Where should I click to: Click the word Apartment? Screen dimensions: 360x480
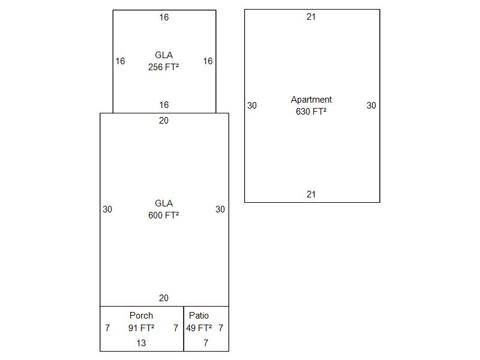tap(311, 100)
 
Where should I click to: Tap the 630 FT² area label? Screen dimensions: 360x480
tap(311, 112)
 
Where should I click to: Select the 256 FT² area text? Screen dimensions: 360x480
tap(163, 67)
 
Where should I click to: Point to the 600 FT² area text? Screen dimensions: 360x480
tap(163, 215)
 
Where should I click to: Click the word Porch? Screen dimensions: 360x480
tap(141, 316)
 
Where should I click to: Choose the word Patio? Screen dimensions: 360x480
tap(199, 316)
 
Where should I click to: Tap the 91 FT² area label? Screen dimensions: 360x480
tap(141, 328)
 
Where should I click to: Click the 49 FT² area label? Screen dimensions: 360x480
tap(199, 328)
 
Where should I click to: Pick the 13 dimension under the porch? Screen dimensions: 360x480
tap(141, 343)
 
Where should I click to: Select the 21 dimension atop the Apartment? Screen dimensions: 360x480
tap(311, 17)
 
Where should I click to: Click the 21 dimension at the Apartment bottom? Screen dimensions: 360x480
tap(311, 194)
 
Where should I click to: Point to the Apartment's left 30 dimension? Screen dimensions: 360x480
tap(252, 106)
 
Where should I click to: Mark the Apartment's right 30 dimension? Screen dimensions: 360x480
tap(371, 106)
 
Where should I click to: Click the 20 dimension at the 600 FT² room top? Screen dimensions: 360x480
tap(164, 121)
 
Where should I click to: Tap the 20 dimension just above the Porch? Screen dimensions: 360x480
tap(164, 298)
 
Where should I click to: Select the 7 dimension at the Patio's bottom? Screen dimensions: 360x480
tap(206, 343)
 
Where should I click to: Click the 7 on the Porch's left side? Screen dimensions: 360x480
tap(107, 328)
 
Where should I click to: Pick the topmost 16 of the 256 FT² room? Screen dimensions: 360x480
tap(164, 17)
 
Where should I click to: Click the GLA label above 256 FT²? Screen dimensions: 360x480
tap(163, 55)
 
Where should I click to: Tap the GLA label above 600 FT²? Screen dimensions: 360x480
tap(163, 203)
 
